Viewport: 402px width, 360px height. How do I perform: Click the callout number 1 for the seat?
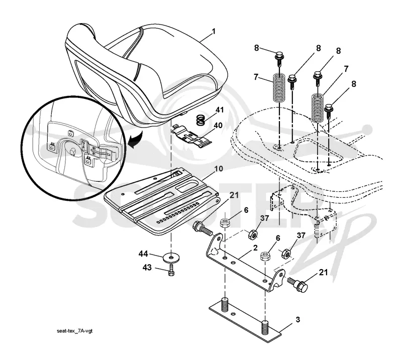click(x=214, y=32)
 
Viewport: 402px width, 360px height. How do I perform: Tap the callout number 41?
click(x=220, y=110)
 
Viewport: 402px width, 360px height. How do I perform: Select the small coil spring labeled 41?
click(x=202, y=120)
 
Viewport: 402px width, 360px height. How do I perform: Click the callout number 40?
click(x=218, y=126)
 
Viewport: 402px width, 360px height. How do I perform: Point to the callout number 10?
click(x=219, y=169)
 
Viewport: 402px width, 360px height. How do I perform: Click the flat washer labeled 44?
click(x=170, y=257)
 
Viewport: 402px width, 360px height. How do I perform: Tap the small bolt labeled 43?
click(x=171, y=271)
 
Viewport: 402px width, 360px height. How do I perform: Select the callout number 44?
click(x=143, y=254)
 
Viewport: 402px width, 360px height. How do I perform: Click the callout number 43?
click(x=147, y=268)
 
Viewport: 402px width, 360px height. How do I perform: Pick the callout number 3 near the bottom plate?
click(x=297, y=319)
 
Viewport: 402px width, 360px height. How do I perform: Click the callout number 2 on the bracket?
click(x=255, y=248)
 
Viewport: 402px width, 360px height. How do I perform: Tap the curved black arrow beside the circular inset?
click(x=135, y=140)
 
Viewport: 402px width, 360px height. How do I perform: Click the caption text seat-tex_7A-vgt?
click(x=74, y=331)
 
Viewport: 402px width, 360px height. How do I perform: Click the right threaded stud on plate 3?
click(x=265, y=327)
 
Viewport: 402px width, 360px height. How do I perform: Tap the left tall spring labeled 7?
click(x=279, y=87)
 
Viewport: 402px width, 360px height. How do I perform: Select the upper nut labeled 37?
click(x=253, y=234)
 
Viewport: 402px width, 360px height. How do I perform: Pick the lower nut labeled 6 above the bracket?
click(x=264, y=256)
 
